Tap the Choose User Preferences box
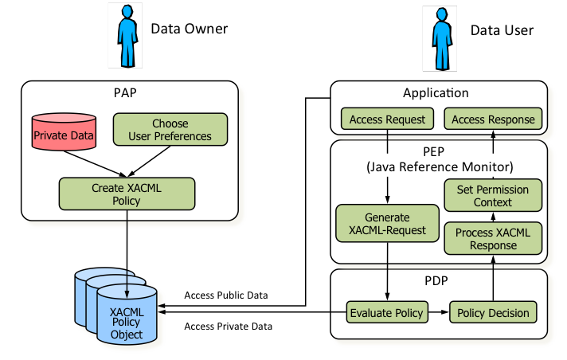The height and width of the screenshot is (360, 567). point(170,130)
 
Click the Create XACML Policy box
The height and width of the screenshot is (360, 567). point(126,194)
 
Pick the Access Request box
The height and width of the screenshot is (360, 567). point(386,119)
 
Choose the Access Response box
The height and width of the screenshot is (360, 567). point(492,119)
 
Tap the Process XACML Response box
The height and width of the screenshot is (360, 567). point(492,239)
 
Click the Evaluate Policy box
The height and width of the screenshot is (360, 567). point(387,312)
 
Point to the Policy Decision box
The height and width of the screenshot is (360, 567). point(493,312)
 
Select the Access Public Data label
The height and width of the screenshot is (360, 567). point(226,295)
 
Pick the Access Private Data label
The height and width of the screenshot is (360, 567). point(228,326)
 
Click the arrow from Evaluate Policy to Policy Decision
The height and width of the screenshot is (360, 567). point(439,312)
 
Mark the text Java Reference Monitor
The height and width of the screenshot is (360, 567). point(439,167)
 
